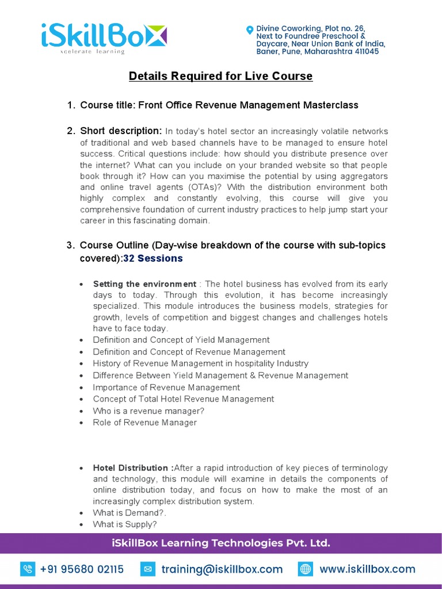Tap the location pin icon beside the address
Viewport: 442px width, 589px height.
tap(249, 29)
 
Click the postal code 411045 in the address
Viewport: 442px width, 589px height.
tap(363, 51)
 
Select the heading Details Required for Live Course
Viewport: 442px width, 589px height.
tap(220, 76)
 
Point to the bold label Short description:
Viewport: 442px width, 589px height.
tap(121, 131)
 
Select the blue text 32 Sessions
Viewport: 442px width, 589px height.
tap(153, 258)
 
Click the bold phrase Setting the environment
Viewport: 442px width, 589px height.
tap(144, 284)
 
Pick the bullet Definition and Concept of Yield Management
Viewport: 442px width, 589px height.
tap(181, 340)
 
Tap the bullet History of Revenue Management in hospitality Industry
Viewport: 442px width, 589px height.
tap(200, 364)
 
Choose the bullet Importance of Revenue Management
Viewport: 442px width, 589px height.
tap(166, 387)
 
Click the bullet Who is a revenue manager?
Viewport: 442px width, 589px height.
tap(148, 411)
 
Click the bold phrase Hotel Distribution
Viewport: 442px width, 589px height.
tap(132, 468)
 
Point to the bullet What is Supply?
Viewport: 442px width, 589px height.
tap(124, 525)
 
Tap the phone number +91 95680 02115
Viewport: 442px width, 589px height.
tap(82, 569)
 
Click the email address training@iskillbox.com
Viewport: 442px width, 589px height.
tap(222, 569)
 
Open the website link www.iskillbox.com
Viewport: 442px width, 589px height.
tap(367, 569)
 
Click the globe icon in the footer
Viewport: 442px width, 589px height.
tap(305, 569)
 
